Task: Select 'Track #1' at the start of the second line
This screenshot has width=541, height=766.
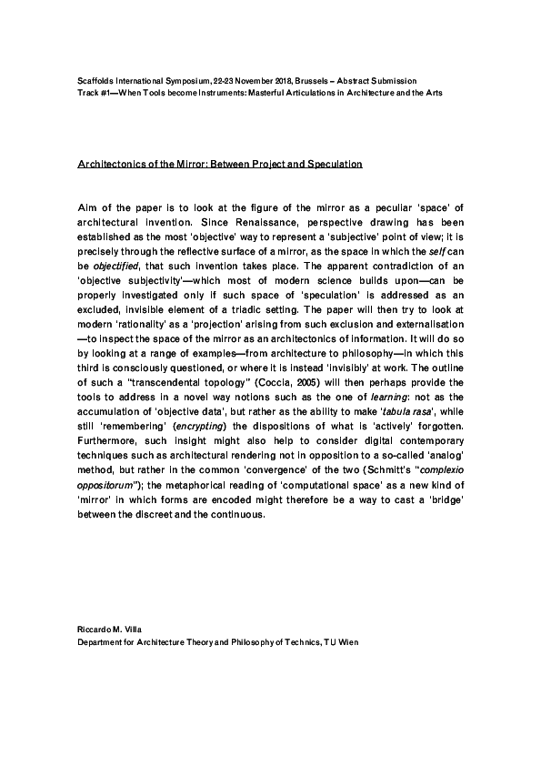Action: point(89,94)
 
